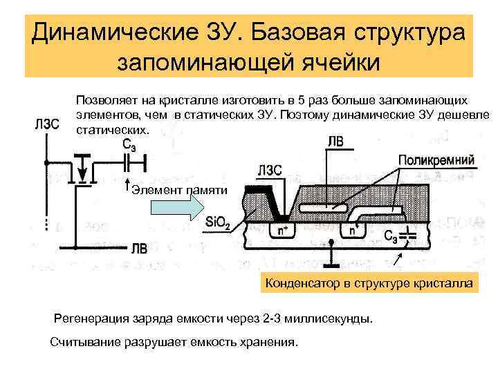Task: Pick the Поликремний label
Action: click(436, 160)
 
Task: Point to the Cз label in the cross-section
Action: click(392, 236)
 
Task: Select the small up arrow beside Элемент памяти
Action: click(127, 184)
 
